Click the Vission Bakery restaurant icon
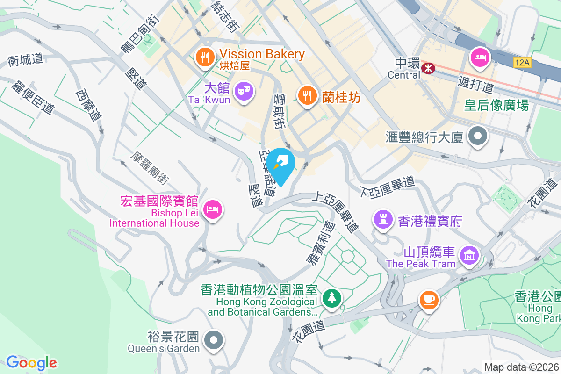(204, 57)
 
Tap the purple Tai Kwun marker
(243, 90)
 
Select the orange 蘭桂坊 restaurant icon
(307, 96)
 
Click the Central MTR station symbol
(427, 68)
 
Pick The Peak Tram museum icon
(469, 255)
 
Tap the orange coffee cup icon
(429, 298)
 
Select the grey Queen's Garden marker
(214, 340)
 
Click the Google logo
(31, 363)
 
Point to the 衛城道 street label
(25, 59)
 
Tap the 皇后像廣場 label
(496, 105)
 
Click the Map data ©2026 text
(521, 367)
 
